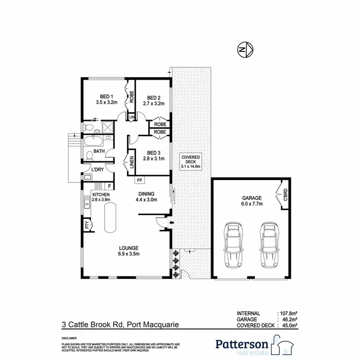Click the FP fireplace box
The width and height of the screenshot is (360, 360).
(x=140, y=180)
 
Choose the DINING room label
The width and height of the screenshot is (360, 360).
(x=147, y=194)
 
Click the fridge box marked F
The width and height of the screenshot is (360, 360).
(x=109, y=185)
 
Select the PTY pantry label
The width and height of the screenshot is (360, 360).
(x=87, y=224)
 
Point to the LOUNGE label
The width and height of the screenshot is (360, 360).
(x=129, y=248)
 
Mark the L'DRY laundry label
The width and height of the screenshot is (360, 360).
(x=98, y=170)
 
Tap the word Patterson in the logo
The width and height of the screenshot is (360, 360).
(x=242, y=343)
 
